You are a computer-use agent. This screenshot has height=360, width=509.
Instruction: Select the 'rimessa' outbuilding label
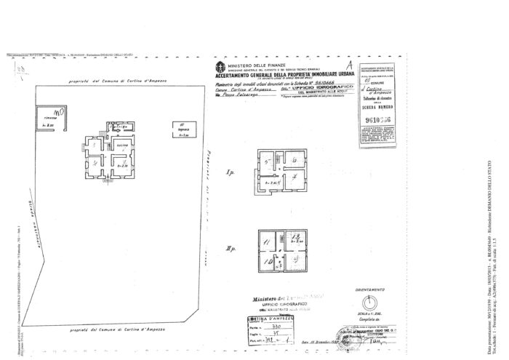click(49, 117)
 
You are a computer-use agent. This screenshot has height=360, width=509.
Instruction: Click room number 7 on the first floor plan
click(293, 177)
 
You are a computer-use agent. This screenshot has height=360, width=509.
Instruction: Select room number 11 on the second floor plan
click(266, 240)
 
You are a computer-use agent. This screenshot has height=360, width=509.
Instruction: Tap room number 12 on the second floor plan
click(294, 238)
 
